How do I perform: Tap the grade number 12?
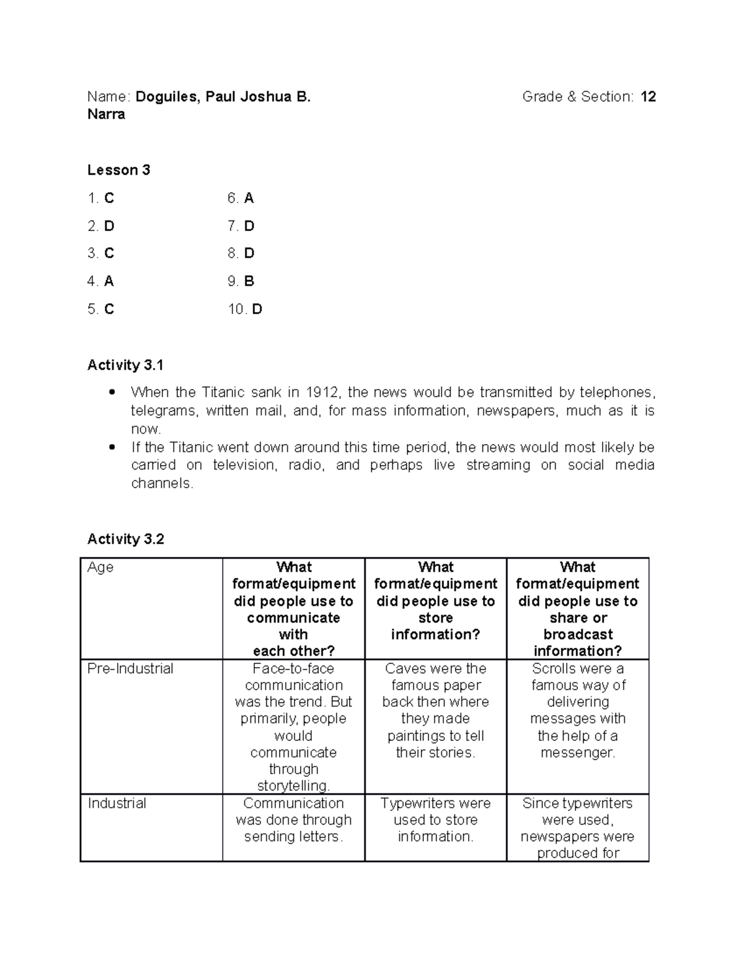tap(649, 97)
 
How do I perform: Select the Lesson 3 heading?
tap(118, 170)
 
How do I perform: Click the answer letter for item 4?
tap(109, 281)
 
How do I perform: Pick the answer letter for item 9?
tap(249, 281)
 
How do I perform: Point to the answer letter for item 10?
tap(257, 309)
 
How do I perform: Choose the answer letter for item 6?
tap(249, 198)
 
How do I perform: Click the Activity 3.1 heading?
tap(125, 365)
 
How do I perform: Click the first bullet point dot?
tap(112, 392)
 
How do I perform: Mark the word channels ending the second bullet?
tap(162, 483)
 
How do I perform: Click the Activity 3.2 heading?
tap(126, 540)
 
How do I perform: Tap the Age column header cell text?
tap(100, 567)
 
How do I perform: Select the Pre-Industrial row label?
tap(130, 669)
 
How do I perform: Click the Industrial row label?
tap(117, 803)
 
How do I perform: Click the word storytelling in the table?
tap(293, 786)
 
